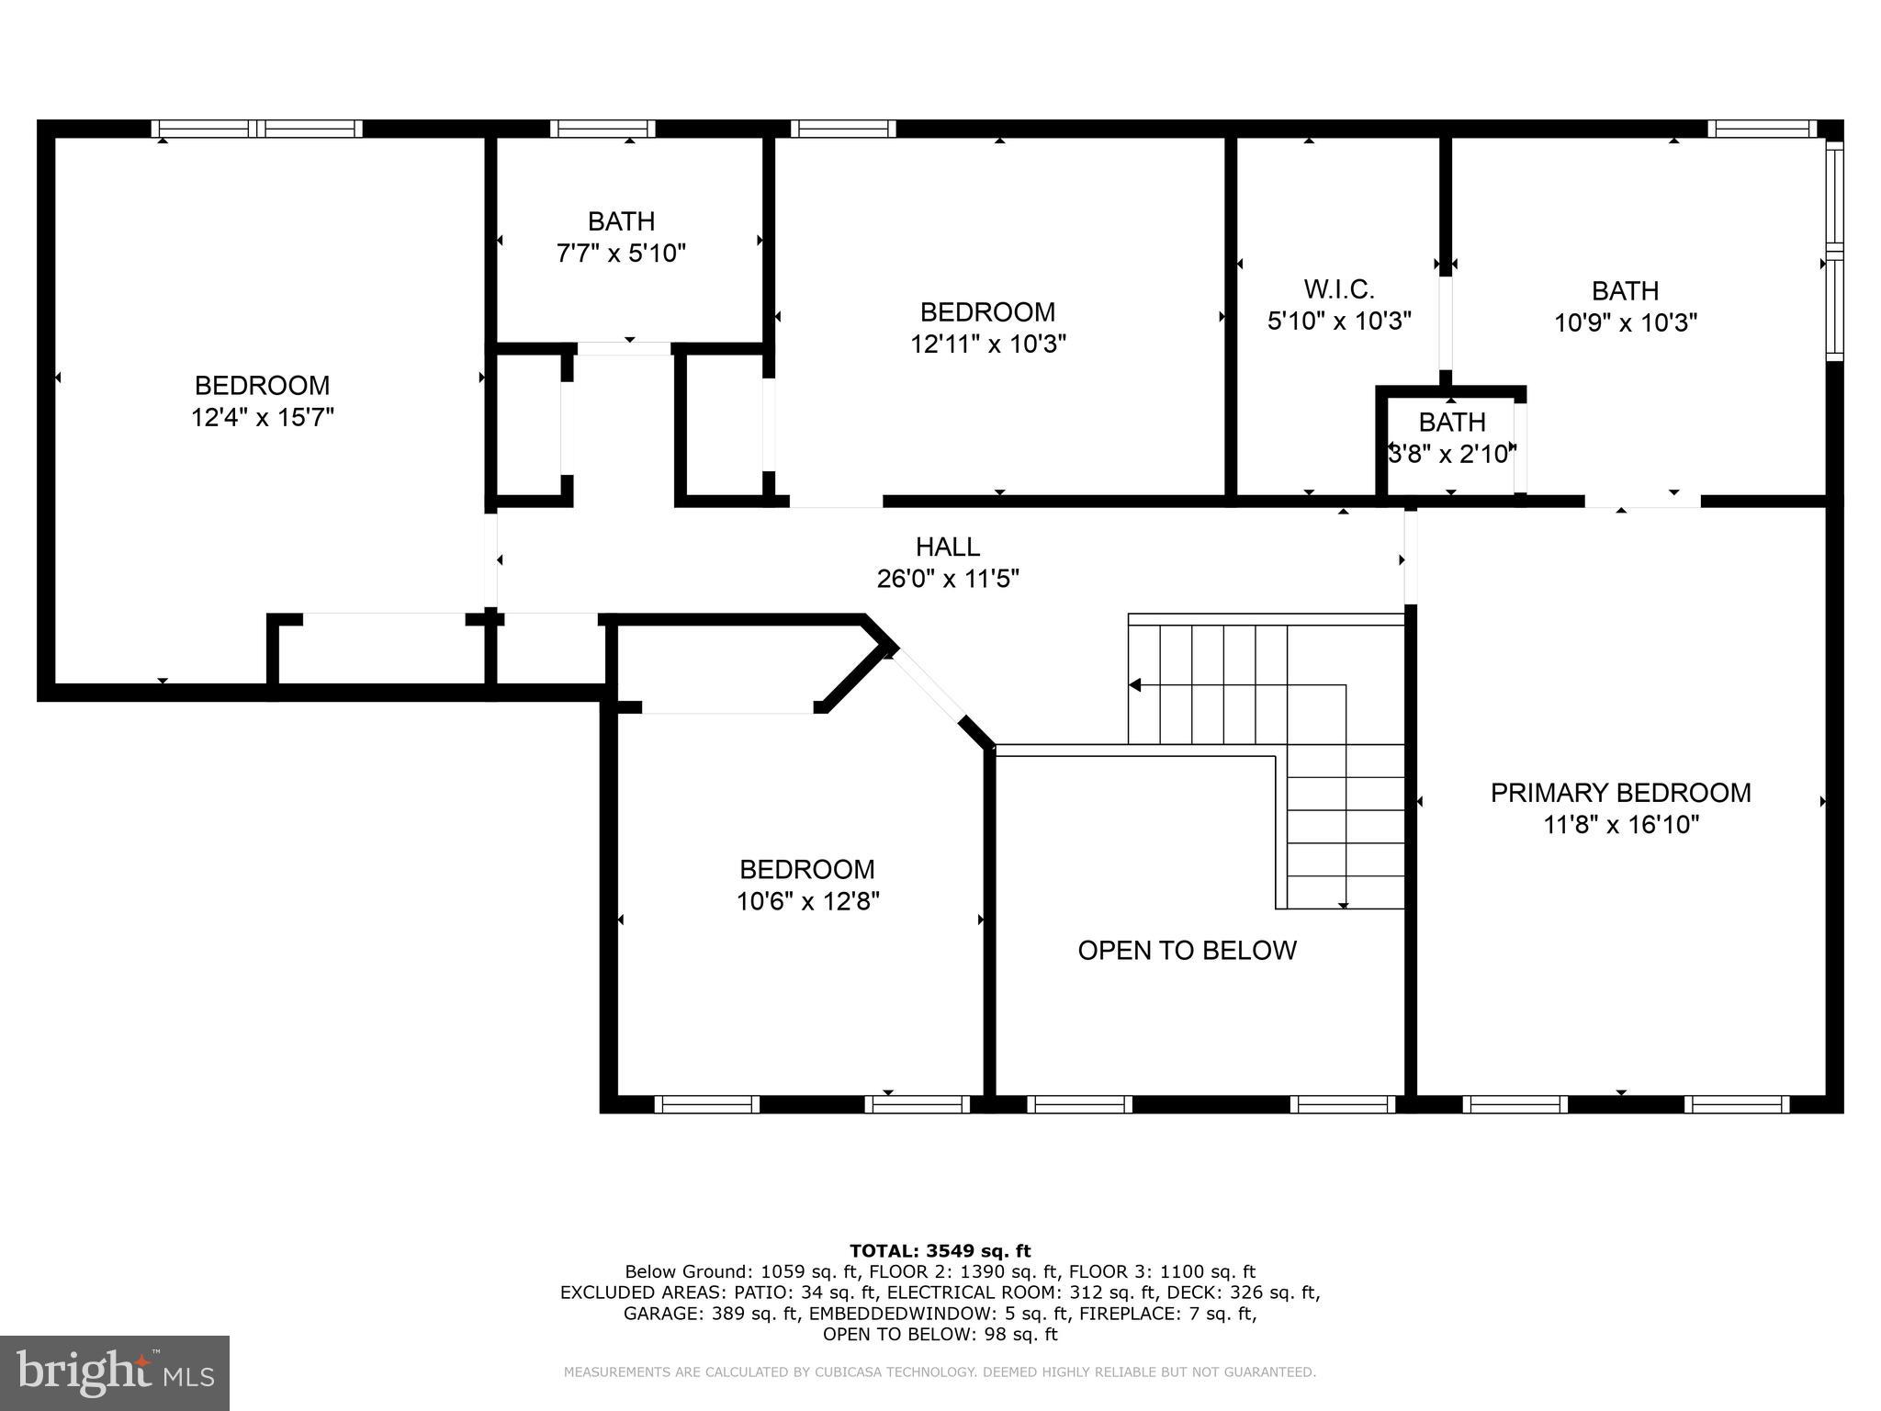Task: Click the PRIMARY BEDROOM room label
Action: tap(1620, 793)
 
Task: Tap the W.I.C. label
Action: tap(1338, 289)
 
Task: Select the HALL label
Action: tap(947, 547)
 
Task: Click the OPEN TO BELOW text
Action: tap(1187, 950)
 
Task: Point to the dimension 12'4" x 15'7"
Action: tap(262, 417)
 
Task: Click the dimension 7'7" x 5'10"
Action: tap(621, 253)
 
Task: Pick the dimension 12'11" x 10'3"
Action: tap(987, 344)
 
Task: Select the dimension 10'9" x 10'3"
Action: tap(1625, 322)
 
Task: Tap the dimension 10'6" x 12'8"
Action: tap(807, 901)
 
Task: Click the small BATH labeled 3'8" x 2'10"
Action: tap(1451, 423)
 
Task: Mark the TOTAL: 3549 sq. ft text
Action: tap(940, 1250)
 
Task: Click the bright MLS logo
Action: tap(114, 1372)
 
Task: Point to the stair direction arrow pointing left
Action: tap(1135, 685)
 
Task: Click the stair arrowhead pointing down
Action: tap(1343, 905)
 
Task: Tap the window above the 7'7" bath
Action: tap(603, 129)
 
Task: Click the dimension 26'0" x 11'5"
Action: tap(947, 579)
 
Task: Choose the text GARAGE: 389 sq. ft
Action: tap(710, 1314)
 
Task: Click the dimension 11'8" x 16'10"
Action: tap(1620, 825)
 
